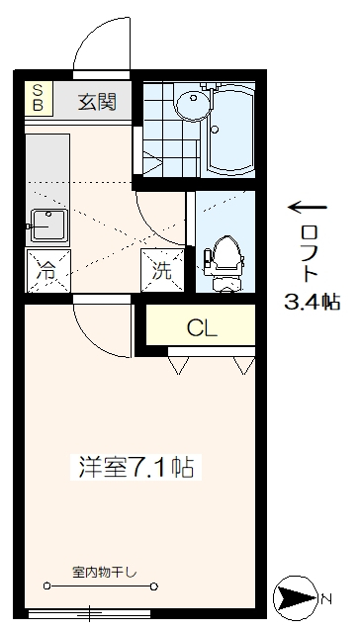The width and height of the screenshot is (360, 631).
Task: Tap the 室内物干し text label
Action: coord(105,573)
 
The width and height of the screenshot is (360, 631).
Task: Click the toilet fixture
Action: coord(225,259)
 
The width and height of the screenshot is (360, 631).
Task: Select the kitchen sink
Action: coord(45,225)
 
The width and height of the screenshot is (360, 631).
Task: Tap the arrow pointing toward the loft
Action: coord(307,207)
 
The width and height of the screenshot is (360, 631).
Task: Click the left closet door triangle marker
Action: coord(180,365)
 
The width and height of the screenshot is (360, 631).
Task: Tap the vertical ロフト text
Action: coord(311,253)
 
